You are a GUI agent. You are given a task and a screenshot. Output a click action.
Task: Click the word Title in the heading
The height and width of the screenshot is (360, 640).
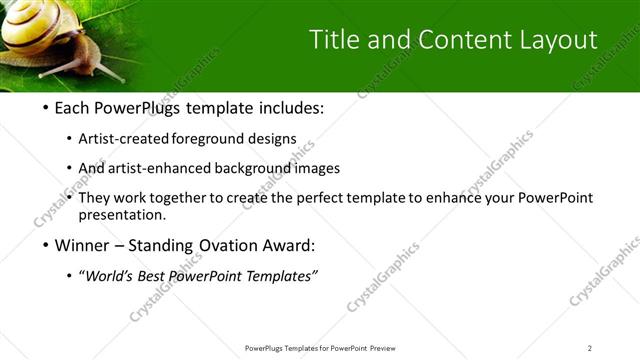[334, 40]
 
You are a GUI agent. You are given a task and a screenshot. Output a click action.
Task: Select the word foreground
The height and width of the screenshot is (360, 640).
[211, 138]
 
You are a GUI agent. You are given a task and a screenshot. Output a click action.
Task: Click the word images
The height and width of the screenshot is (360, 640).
[319, 168]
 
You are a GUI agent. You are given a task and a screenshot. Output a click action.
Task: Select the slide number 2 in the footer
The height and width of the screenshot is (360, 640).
[589, 348]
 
